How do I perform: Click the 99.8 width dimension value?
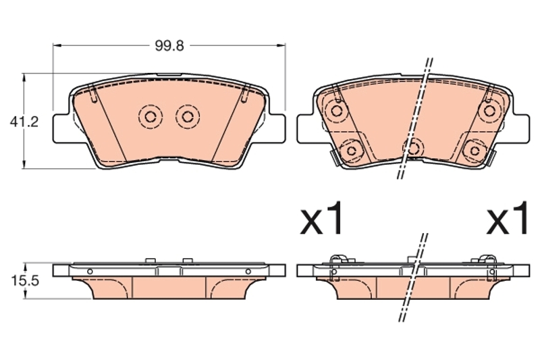169,46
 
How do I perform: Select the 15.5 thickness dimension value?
25,281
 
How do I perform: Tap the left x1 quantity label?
322,218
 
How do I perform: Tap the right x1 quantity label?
507,218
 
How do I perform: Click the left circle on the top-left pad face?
150,117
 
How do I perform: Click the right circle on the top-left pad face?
188,117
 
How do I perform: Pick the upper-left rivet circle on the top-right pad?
336,111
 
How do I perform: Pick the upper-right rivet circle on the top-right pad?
489,111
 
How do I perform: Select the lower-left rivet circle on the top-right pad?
351,151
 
